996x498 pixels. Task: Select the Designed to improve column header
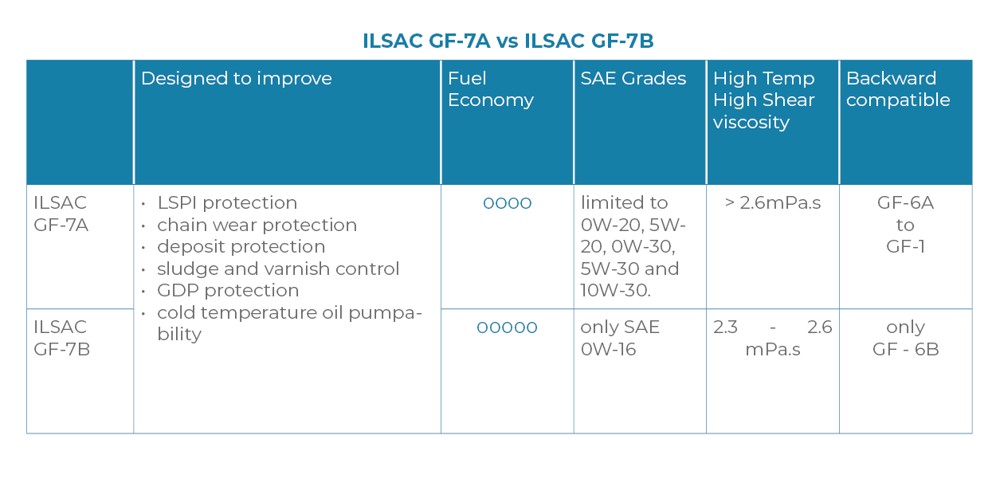point(236,79)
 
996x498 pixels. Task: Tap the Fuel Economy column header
point(490,89)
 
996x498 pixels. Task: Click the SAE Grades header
point(633,79)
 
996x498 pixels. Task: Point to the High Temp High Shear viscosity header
point(763,100)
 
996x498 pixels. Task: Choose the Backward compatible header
point(897,89)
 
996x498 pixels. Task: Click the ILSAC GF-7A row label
point(61,214)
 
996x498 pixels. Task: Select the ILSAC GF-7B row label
point(61,338)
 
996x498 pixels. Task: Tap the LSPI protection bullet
point(227,203)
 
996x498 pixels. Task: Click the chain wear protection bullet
point(257,225)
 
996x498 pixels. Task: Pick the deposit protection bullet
point(241,247)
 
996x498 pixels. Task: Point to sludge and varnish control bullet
point(278,269)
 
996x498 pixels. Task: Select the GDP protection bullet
point(228,291)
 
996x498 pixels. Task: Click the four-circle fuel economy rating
point(507,204)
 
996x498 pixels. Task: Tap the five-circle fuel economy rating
point(507,327)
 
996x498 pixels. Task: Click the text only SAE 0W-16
point(620,338)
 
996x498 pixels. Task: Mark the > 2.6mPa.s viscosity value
point(772,203)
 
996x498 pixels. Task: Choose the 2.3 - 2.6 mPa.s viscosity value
point(772,338)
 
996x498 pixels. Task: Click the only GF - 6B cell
point(905,338)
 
